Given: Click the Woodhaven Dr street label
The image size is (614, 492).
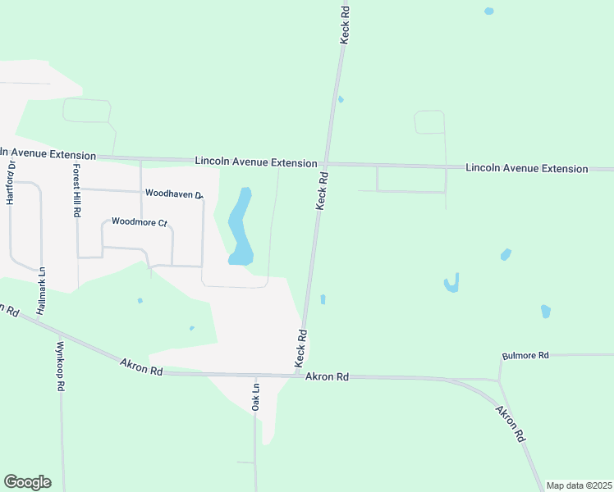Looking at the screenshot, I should coord(173,194).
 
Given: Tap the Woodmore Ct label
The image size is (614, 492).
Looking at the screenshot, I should coord(139,221).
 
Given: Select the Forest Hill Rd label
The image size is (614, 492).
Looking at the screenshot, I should coord(76,189).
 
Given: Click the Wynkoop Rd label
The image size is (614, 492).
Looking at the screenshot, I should coord(61,367).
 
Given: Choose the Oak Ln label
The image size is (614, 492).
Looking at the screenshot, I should coord(255,397).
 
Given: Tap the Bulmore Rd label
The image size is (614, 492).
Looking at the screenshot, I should coord(525,355).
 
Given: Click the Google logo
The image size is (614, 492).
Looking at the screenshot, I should coord(27,482).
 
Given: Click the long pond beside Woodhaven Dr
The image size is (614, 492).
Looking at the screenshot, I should coord(240,227).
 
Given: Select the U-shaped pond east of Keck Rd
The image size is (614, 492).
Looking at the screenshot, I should coord(451,284).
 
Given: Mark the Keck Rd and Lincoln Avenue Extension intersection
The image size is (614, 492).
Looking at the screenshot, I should coord(326,162).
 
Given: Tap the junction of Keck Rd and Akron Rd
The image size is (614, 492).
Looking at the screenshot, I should coord(299,376).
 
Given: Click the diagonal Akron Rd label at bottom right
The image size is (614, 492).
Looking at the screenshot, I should coord(509,424).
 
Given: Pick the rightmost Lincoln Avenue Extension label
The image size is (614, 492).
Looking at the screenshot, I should coord(526,168).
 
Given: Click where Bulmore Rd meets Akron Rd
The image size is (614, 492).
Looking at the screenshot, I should coord(499,380).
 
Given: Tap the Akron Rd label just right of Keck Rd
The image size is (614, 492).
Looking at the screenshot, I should coord(328,376).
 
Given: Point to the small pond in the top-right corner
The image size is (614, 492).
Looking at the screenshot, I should coord(489,11).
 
